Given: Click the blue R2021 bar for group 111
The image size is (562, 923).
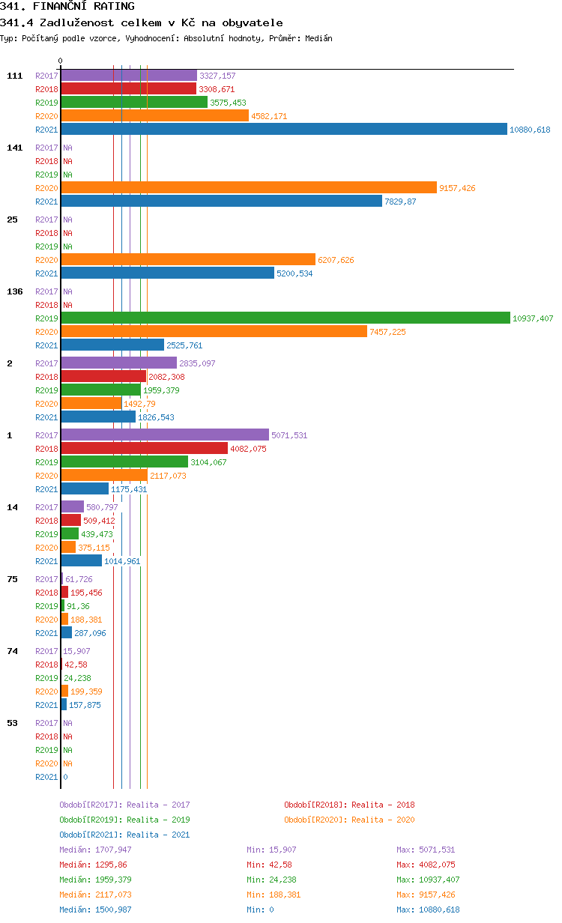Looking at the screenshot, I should point(284,130).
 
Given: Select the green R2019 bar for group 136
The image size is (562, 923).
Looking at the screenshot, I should point(285,318).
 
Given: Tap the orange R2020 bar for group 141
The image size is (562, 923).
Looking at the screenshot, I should point(248,188).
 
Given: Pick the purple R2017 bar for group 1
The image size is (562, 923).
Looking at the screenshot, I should point(164,435).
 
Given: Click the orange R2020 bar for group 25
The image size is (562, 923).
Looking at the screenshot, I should point(188,260).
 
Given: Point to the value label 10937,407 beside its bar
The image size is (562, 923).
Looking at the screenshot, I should point(533,318).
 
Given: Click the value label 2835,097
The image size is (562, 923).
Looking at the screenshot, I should point(196,363).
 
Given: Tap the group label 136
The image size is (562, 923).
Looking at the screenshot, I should point(15,291).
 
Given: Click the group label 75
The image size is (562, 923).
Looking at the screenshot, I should point(12,579).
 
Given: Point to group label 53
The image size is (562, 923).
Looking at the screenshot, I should point(12,723).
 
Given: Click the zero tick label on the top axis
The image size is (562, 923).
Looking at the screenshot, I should point(61,61).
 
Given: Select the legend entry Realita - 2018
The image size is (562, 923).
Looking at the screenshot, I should point(349,805).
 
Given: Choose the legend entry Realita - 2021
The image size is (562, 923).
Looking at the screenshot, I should point(124,835).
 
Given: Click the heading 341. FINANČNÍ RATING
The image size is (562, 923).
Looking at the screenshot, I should point(67,7).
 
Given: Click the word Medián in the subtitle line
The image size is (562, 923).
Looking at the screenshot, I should point(317,38).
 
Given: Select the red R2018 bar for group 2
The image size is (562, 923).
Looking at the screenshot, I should point(103,377).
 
